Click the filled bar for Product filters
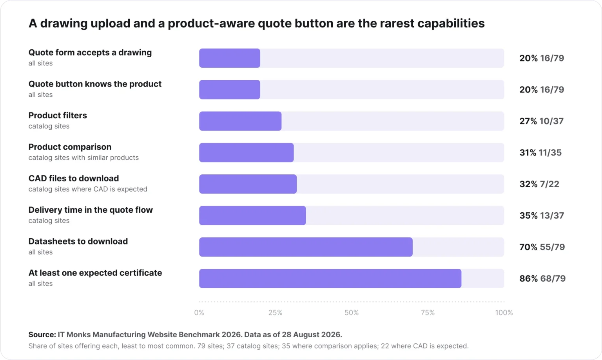coord(240,121)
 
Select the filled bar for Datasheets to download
coord(306,247)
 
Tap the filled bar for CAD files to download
coord(248,184)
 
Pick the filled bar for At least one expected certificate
coord(330,279)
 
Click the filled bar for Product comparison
coord(247,153)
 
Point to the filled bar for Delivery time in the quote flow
coord(252,215)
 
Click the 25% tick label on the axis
coord(276,313)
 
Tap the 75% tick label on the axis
coord(428,313)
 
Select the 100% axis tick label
coord(504,313)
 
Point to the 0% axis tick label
coord(199,313)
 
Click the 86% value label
coord(528,279)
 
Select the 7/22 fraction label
coord(549,184)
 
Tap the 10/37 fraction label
coord(551,121)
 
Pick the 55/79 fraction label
coord(552,247)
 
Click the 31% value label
coord(528,153)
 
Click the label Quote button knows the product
coord(95,84)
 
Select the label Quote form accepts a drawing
coord(90,52)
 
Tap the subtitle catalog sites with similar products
coord(83,158)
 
